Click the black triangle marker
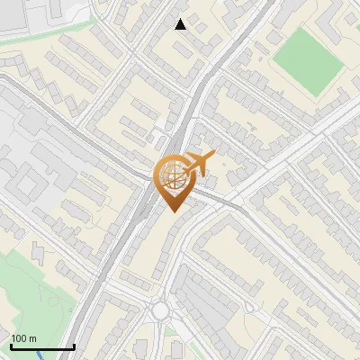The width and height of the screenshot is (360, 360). click(x=181, y=24)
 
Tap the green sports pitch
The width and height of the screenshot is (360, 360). click(x=309, y=58)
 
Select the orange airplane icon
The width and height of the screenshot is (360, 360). click(x=199, y=165)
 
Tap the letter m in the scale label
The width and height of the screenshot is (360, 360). click(x=32, y=338)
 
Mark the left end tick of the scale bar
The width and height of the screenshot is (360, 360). click(x=11, y=346)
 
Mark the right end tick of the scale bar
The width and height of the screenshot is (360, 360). click(x=74, y=346)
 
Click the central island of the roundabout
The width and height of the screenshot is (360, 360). click(x=161, y=310)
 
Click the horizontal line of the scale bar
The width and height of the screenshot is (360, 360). click(x=42, y=347)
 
